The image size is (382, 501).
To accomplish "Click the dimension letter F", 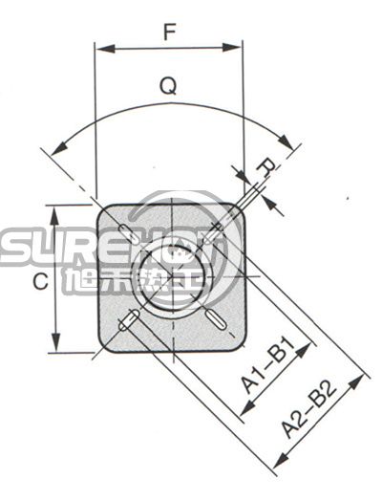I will tap(169, 32).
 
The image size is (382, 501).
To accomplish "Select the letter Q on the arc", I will tap(168, 87).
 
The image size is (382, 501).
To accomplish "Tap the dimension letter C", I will tap(38, 282).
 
